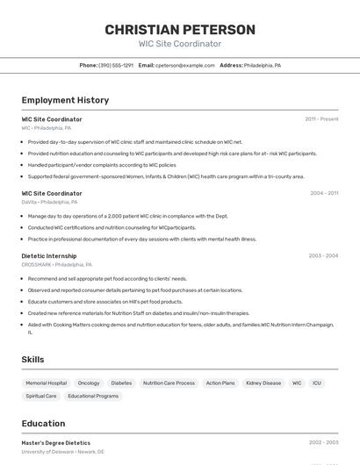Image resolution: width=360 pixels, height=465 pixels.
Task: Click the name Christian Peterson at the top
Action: (180, 30)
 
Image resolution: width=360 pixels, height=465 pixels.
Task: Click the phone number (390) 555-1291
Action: (116, 66)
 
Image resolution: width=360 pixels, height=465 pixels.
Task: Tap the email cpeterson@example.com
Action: (185, 66)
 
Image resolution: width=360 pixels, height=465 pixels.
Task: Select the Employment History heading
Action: (65, 100)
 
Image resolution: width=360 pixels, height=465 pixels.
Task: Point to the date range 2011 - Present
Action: (321, 119)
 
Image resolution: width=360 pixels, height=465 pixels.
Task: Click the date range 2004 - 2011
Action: (323, 193)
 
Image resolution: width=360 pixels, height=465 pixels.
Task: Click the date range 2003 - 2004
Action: (323, 256)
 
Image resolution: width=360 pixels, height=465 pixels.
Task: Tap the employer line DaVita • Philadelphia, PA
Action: (49, 202)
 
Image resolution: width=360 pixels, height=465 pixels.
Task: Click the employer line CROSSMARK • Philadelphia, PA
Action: (57, 264)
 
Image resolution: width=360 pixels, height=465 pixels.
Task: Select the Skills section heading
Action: (32, 360)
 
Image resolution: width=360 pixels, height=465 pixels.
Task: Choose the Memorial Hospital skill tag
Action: (46, 383)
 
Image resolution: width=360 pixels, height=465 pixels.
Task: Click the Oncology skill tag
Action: (89, 383)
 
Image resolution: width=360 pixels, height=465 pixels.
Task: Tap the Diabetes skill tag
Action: (121, 383)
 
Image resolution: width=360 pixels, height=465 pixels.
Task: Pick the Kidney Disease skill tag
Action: (263, 383)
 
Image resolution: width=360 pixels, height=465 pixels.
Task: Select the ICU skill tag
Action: (317, 383)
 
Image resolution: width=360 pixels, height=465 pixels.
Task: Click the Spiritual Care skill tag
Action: (41, 397)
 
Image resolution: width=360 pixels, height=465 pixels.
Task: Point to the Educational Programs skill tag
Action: (93, 397)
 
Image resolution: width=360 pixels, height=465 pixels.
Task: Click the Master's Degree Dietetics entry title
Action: (56, 443)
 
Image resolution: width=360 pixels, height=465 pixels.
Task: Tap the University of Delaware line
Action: (63, 452)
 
